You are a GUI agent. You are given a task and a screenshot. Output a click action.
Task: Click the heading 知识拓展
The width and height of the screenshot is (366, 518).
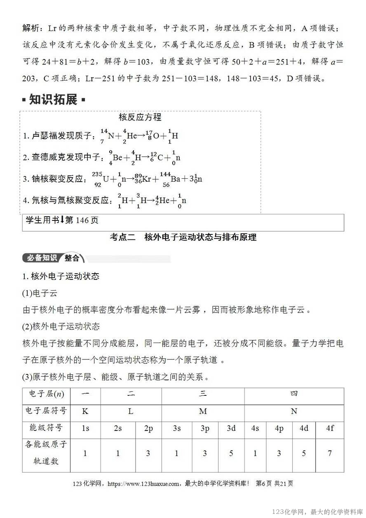tap(53, 99)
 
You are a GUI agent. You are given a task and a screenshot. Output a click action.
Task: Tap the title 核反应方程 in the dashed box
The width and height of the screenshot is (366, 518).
tap(140, 117)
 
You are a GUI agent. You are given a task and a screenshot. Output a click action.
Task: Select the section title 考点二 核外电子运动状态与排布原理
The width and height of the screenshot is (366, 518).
tap(183, 237)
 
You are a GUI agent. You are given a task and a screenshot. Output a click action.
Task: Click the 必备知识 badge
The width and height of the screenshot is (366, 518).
tap(42, 258)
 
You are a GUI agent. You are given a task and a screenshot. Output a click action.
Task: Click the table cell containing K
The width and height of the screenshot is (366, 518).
tap(85, 411)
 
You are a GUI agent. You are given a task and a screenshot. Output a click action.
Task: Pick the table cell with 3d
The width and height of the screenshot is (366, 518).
tap(231, 428)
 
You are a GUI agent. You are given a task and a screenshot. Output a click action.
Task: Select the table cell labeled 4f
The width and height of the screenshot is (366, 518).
tap(330, 428)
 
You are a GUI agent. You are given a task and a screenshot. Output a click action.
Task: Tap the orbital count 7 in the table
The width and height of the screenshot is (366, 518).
tap(330, 453)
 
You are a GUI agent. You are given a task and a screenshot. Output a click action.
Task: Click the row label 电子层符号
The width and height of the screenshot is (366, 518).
tap(46, 411)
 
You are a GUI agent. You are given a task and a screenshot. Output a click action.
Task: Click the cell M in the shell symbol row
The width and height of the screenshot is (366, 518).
tap(203, 411)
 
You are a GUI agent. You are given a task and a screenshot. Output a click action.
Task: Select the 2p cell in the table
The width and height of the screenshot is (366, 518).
tap(148, 428)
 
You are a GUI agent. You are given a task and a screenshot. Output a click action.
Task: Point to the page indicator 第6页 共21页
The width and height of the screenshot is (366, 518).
tap(274, 484)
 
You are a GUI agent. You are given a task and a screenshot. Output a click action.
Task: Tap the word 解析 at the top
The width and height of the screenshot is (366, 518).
tap(31, 28)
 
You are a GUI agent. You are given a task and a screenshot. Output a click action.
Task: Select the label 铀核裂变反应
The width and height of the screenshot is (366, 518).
tap(56, 179)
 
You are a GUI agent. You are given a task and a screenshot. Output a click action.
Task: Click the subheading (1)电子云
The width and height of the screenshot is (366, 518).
tap(40, 293)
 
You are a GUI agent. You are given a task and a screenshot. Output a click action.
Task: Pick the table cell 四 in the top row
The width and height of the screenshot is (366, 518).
tap(294, 394)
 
